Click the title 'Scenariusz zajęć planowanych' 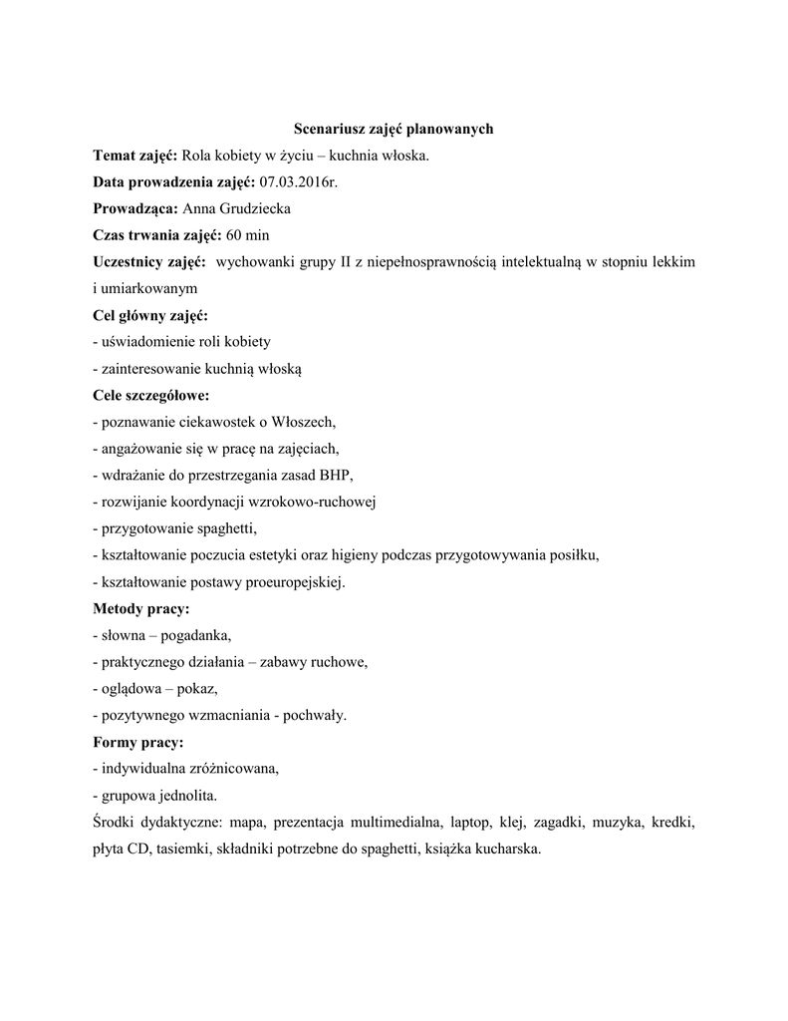pos(394,129)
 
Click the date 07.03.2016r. pos(298,181)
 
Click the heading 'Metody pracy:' pos(140,608)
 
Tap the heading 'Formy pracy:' pos(138,742)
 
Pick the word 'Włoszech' pos(306,422)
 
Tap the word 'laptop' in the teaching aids pos(470,823)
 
